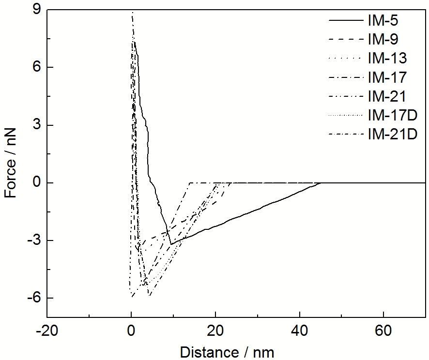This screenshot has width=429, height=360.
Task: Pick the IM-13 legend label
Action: tap(387, 58)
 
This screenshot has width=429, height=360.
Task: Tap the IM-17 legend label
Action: tap(387, 77)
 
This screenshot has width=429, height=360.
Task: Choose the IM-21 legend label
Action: tap(387, 96)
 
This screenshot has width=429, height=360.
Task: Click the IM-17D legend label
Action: tap(392, 115)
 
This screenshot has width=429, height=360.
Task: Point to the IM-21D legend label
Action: tap(392, 134)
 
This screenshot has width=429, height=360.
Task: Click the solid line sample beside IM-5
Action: tap(346, 20)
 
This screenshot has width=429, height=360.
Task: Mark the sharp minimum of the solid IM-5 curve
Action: tap(171, 244)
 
